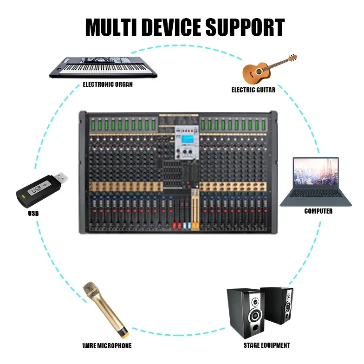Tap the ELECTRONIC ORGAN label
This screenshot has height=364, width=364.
[108, 84]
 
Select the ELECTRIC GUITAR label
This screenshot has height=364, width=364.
[253, 90]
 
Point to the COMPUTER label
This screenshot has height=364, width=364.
[318, 211]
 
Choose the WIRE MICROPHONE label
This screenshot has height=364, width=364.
[107, 346]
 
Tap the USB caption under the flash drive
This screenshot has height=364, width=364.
[33, 214]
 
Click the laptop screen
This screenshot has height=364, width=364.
[316, 172]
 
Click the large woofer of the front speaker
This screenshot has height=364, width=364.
[254, 318]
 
